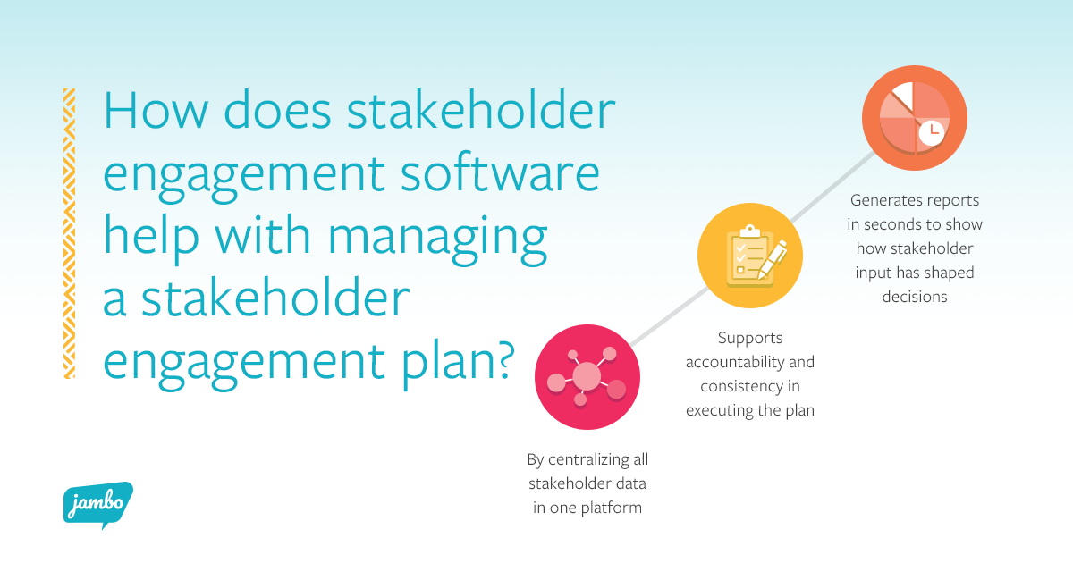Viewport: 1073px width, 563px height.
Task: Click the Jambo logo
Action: tap(97, 503)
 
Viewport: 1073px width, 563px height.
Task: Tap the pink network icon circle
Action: tap(587, 376)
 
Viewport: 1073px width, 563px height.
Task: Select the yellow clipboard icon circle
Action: tap(750, 256)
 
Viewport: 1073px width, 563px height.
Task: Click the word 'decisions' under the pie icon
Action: tap(914, 297)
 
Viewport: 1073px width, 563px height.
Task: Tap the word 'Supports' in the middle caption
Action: tap(750, 339)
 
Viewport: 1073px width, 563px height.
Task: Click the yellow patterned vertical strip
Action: tap(69, 233)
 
